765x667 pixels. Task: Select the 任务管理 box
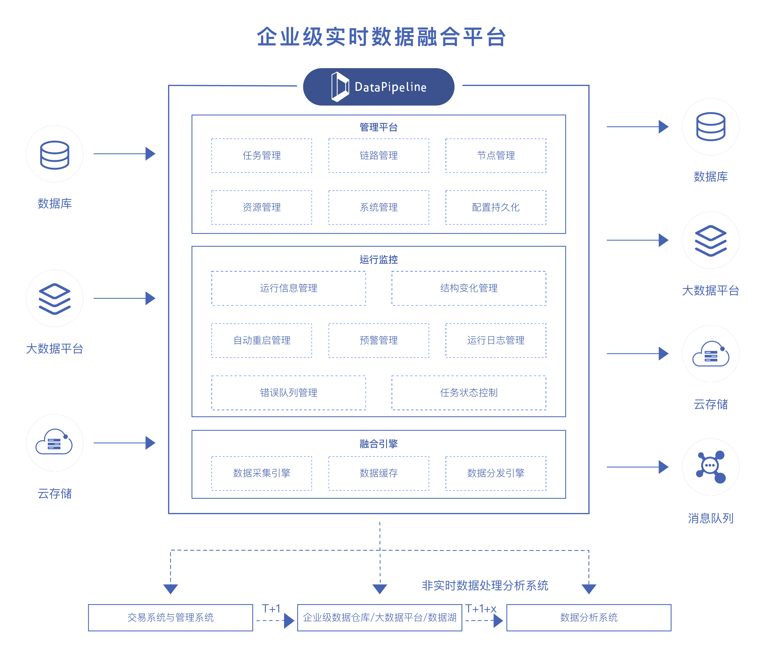click(x=261, y=156)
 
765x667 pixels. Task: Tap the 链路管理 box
click(x=378, y=156)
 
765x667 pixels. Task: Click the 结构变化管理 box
click(x=468, y=288)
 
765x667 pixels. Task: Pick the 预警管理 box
click(x=378, y=340)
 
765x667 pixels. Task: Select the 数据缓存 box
click(x=378, y=473)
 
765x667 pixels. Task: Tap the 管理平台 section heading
click(x=378, y=127)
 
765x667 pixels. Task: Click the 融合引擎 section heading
click(x=378, y=444)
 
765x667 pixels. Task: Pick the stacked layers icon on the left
click(x=55, y=298)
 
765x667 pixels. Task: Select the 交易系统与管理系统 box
click(x=170, y=617)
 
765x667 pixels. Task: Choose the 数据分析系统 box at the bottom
click(x=588, y=617)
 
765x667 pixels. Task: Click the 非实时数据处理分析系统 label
click(x=485, y=585)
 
